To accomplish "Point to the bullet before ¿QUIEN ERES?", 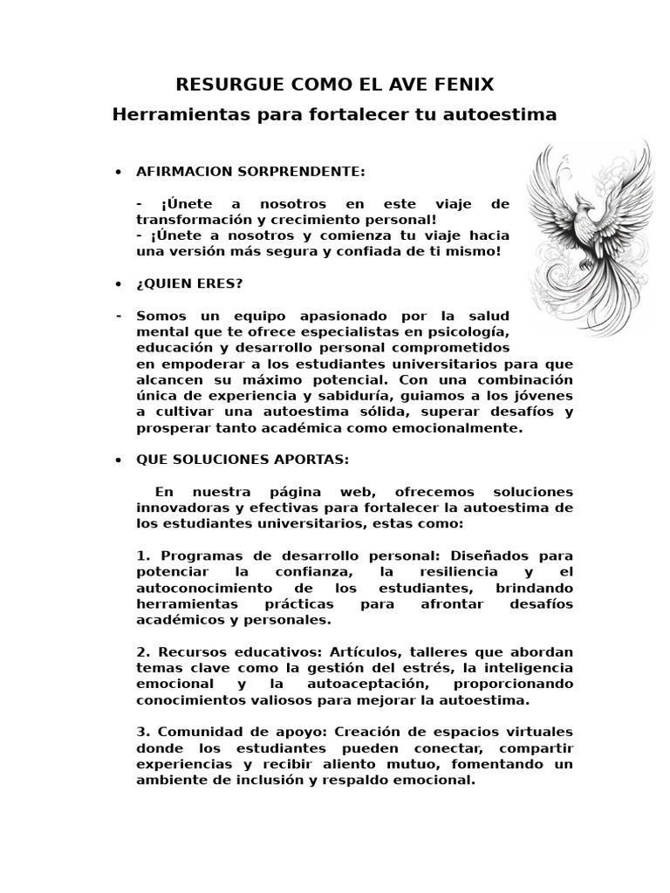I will click(118, 284).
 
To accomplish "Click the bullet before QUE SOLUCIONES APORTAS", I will click(118, 460).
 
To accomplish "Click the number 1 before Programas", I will click(141, 556).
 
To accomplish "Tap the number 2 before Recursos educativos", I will click(141, 651).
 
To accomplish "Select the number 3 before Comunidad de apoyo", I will click(141, 732).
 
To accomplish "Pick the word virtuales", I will click(542, 732).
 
